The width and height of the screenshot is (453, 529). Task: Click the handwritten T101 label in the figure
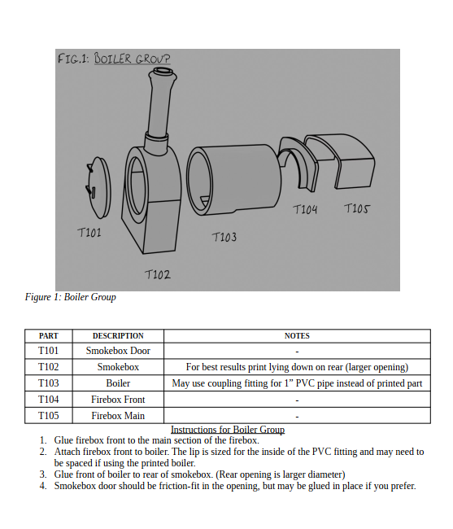89,233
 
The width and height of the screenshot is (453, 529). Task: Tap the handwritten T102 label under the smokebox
158,274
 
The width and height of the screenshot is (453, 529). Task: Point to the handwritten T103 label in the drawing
224,237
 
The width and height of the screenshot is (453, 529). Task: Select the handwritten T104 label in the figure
305,209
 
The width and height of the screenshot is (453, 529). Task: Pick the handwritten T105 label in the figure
356,208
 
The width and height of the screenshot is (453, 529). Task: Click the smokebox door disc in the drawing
98,187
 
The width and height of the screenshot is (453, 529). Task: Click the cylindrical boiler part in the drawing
234,180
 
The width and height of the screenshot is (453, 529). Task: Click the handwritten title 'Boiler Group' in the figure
132,59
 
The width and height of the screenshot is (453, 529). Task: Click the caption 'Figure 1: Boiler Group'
71,297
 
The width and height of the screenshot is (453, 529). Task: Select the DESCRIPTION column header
118,336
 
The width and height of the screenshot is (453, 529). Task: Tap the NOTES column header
297,336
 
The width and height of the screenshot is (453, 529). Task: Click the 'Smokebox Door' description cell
118,351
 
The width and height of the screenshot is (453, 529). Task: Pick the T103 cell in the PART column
49,383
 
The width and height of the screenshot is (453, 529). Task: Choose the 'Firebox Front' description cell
118,400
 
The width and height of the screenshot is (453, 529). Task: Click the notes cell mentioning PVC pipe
297,383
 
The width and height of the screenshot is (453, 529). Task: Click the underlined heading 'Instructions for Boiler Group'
228,430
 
